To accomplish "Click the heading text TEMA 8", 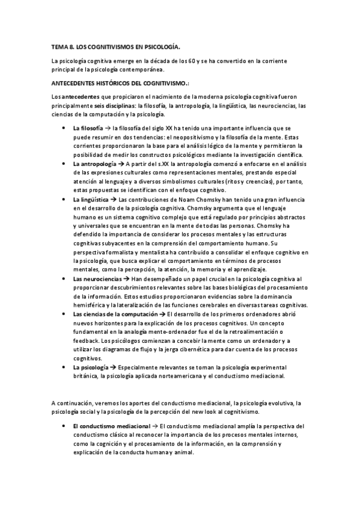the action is pos(63,46).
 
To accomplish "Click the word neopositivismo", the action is pos(201,137).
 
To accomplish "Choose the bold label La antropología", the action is pos(96,164).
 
